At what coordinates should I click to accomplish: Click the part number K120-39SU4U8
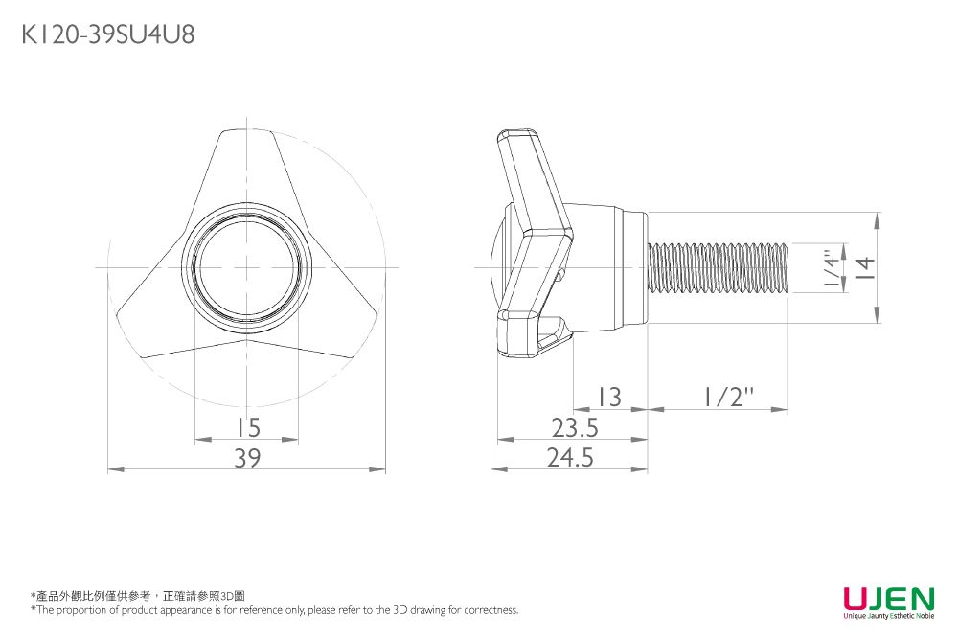[108, 34]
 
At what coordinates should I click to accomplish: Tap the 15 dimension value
[248, 427]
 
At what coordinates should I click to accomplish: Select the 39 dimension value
[248, 457]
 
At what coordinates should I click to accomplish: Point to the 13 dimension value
[609, 398]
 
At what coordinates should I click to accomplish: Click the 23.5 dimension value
[575, 427]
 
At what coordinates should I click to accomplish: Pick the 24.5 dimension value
[570, 457]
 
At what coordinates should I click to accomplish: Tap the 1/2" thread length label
[728, 398]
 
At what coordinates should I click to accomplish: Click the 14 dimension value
[864, 268]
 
